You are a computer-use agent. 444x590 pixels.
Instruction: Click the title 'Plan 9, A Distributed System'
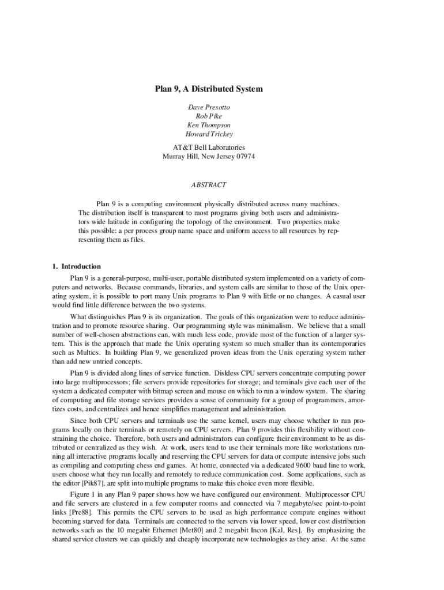click(x=209, y=89)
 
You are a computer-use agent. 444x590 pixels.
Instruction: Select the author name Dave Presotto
click(x=209, y=107)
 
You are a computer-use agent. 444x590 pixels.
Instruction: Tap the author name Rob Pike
click(x=209, y=116)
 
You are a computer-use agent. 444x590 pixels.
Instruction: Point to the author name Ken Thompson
click(x=209, y=125)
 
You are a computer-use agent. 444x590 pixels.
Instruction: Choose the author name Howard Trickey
click(x=209, y=134)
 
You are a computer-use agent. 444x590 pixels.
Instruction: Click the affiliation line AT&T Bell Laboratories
click(x=209, y=147)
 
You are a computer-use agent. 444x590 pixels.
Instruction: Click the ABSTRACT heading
click(x=209, y=185)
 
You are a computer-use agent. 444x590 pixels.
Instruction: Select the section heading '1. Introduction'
click(x=76, y=266)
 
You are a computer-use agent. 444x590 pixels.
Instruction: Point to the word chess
click(x=144, y=464)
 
